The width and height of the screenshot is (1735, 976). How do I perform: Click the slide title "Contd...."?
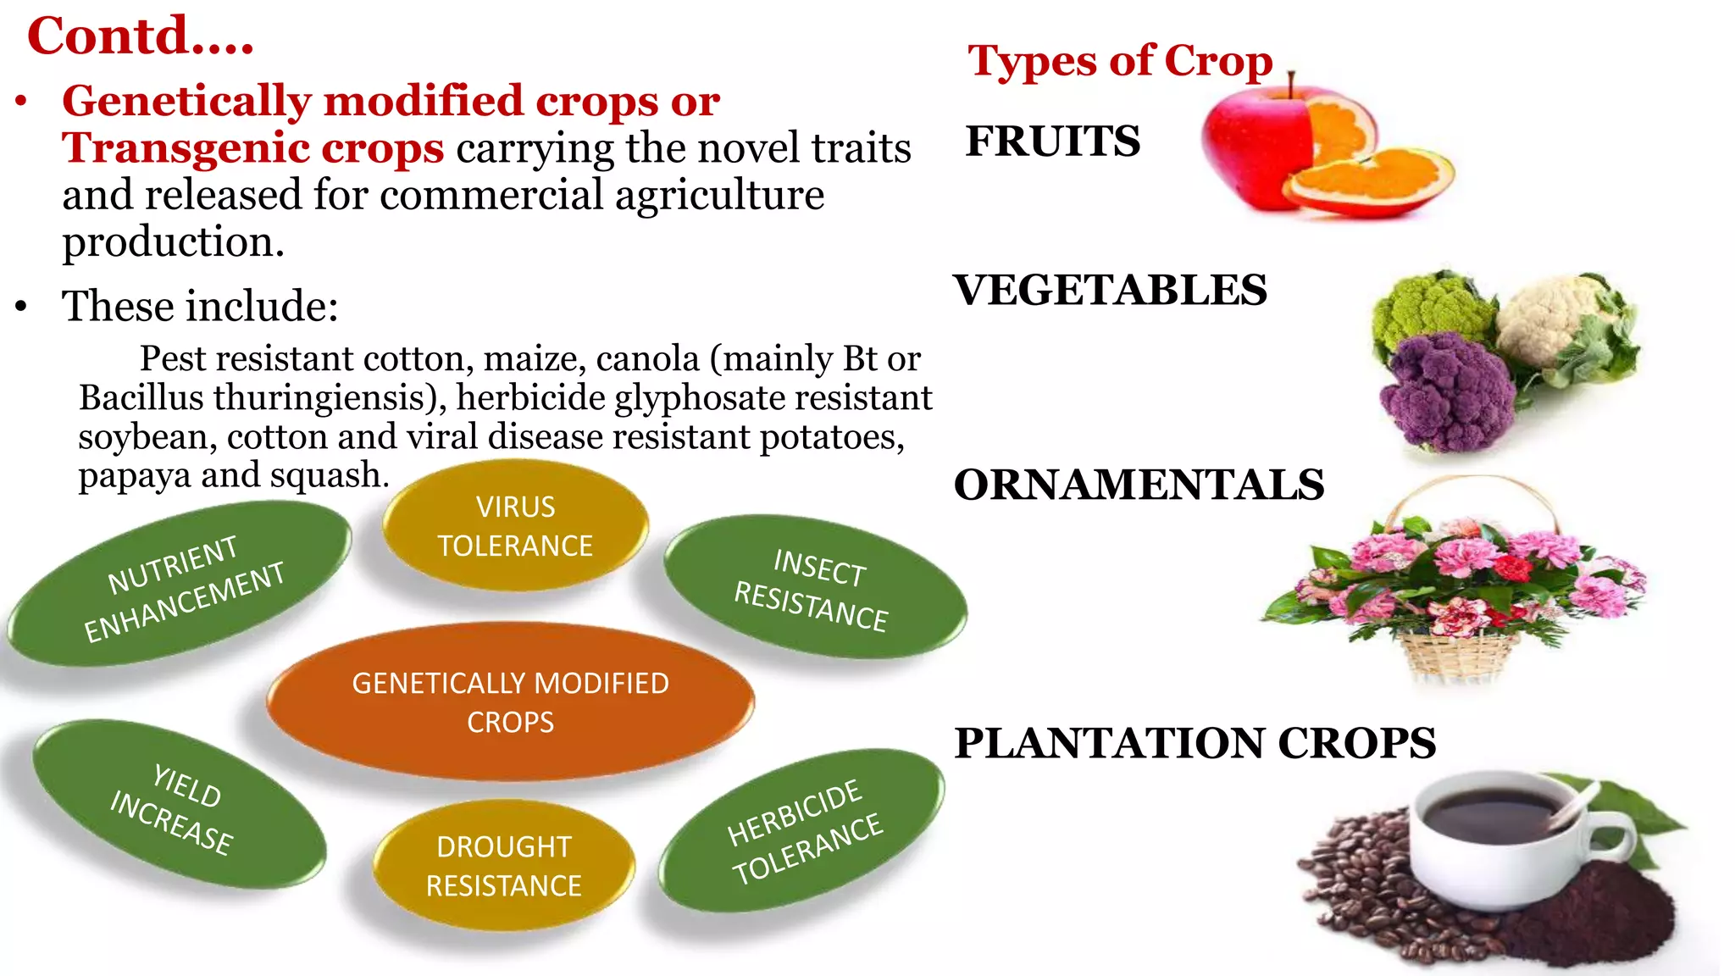point(140,36)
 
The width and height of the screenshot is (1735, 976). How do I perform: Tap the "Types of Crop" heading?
point(1120,61)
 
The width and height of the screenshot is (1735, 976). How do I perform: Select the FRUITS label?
point(1053,141)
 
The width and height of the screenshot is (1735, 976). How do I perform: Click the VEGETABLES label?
point(1110,290)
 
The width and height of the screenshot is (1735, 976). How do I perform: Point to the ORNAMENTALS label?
point(1139,485)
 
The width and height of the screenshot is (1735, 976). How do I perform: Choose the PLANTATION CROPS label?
point(1195,743)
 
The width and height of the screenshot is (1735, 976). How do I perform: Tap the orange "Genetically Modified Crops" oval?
point(510,701)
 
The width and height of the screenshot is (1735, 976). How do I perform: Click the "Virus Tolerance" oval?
point(515,525)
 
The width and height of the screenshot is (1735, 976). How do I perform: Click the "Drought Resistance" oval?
point(503,865)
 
